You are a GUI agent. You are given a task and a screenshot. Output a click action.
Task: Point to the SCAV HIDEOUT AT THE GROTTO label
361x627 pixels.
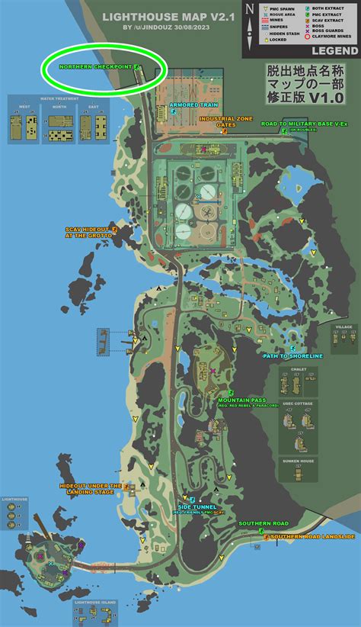88,232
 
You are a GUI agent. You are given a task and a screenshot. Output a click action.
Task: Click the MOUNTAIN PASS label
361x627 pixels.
241,400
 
